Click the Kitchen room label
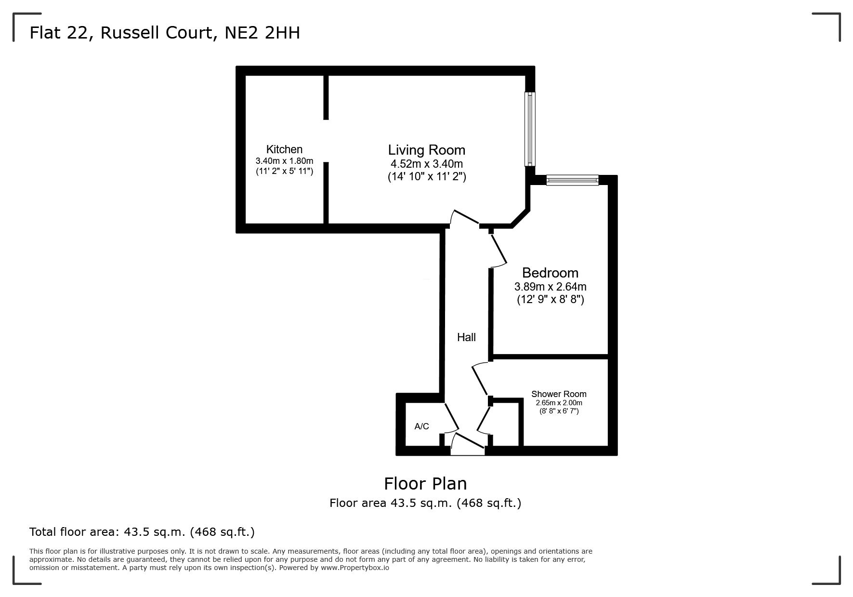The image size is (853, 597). [284, 149]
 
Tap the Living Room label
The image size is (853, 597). [427, 150]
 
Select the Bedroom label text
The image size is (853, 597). [550, 273]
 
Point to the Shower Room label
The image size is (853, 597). [559, 394]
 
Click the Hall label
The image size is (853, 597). [466, 337]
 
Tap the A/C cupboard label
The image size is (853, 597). [421, 426]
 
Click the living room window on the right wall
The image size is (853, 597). [530, 129]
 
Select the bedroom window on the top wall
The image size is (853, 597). [572, 181]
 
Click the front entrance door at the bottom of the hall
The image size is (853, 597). [468, 444]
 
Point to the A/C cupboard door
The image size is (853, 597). [451, 417]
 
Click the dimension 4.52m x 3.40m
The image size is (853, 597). [427, 164]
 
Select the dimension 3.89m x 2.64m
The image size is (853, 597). [550, 287]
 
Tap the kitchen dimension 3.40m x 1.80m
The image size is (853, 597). [284, 161]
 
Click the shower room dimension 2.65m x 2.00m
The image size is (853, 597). [559, 403]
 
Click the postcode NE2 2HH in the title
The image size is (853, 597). [262, 33]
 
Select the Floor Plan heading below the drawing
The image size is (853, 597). [425, 483]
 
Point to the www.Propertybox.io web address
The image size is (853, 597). [355, 568]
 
